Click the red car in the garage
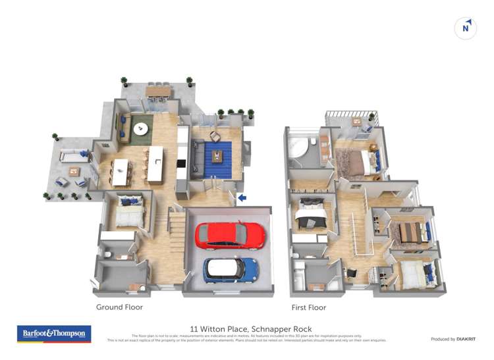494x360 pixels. (x=230, y=236)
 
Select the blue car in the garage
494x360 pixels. (x=230, y=270)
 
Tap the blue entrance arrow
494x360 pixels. (x=242, y=197)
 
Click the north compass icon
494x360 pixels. (x=466, y=28)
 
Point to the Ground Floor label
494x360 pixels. (x=119, y=307)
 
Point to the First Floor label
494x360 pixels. (x=308, y=307)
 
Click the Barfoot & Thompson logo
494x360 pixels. (x=53, y=334)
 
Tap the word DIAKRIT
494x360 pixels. (x=468, y=339)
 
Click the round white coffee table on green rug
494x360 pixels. (x=141, y=130)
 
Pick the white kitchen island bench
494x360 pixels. (x=155, y=164)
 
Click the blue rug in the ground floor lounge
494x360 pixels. (x=217, y=160)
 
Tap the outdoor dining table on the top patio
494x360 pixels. (x=158, y=90)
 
